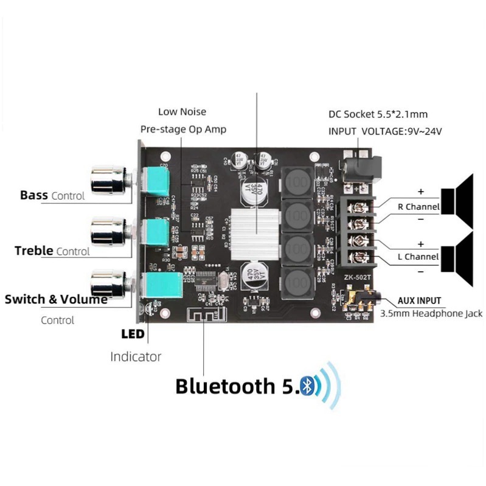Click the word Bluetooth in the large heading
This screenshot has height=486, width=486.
click(x=225, y=386)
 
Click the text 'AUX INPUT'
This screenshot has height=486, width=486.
click(x=419, y=300)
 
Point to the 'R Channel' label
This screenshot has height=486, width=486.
click(x=418, y=207)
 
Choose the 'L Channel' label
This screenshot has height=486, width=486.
click(x=418, y=257)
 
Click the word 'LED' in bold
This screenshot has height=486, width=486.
click(x=133, y=334)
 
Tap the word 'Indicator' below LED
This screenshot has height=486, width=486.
click(x=136, y=356)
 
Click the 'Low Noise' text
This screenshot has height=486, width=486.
click(x=182, y=112)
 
